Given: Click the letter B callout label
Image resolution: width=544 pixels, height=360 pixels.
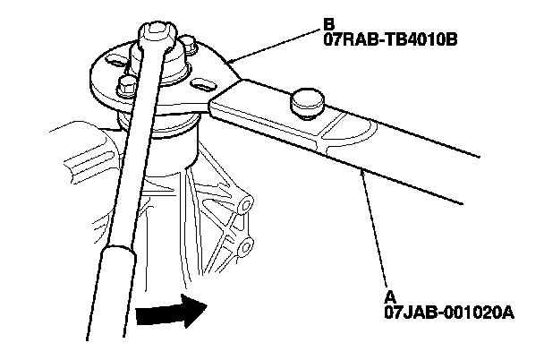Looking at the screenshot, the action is [x=329, y=25].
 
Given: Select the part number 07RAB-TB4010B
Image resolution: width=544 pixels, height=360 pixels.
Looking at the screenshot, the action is [x=390, y=40].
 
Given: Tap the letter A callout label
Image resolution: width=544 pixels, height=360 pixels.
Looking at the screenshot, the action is [x=390, y=298].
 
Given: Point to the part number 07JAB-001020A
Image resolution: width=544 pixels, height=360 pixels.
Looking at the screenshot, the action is [x=449, y=313].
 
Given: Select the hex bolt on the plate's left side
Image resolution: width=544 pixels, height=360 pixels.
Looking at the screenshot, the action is [x=126, y=85].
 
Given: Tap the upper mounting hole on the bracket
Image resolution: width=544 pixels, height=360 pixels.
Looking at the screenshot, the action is [x=246, y=205].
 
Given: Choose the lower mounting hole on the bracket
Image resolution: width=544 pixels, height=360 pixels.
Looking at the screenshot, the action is [x=247, y=247].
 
